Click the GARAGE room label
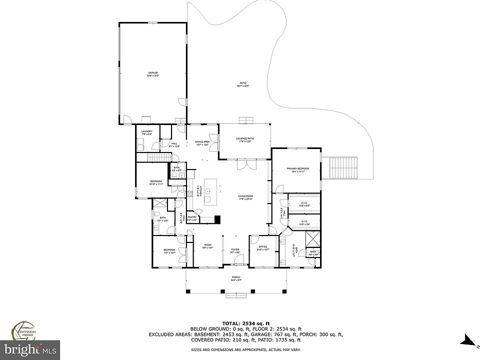coord(153,73)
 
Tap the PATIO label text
coord(242,84)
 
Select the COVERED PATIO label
coord(245,139)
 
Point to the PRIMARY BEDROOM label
coord(298,169)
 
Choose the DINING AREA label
coord(202,142)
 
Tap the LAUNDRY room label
coord(146,132)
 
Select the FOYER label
coord(235,249)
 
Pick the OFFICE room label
coord(263,247)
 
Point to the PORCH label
coord(236,278)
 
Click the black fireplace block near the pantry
coord(216,219)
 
